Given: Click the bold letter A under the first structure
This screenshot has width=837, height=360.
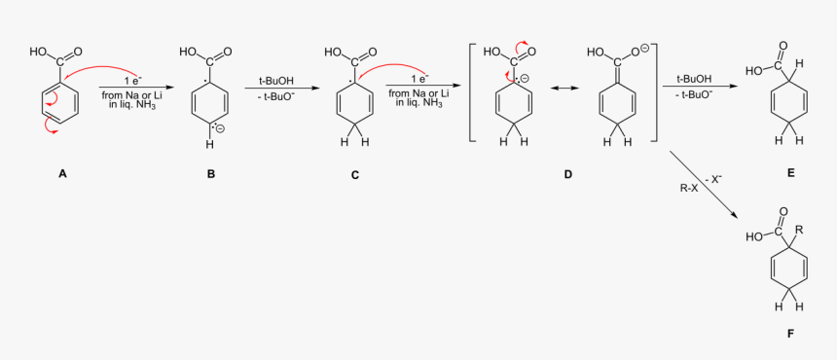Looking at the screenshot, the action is click(62, 174).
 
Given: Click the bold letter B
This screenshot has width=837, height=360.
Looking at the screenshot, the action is click(210, 174).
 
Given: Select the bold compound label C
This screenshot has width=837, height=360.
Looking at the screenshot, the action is click(355, 175).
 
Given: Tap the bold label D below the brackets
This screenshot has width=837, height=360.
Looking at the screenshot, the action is click(568, 175).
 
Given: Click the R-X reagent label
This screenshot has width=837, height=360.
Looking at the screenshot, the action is click(688, 187).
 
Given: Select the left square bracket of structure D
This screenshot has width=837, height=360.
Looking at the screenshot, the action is click(473, 92).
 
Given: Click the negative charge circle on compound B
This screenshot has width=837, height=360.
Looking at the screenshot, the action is click(220, 127).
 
